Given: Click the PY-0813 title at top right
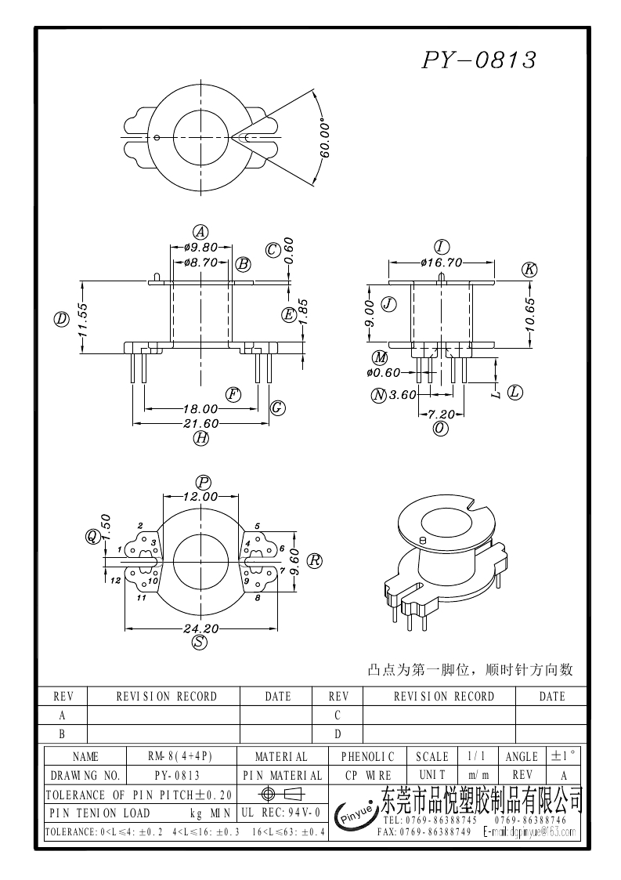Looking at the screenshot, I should pyautogui.click(x=479, y=60).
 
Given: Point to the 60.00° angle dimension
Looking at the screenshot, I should pyautogui.click(x=324, y=139).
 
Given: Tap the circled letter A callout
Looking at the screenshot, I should pyautogui.click(x=201, y=232).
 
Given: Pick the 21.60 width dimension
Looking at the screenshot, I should pyautogui.click(x=200, y=423).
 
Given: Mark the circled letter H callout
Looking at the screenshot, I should pyautogui.click(x=201, y=439).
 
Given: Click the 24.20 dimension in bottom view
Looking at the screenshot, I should pyautogui.click(x=200, y=628).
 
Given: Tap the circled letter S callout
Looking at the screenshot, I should pyautogui.click(x=200, y=643).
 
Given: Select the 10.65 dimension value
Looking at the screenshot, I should pyautogui.click(x=529, y=314).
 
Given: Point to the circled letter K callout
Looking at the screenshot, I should pyautogui.click(x=529, y=270).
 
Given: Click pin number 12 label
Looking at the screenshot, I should pyautogui.click(x=115, y=581).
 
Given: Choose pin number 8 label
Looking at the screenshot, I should pyautogui.click(x=258, y=598).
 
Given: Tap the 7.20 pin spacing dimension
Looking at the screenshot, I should pyautogui.click(x=442, y=414).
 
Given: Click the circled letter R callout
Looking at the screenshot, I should pyautogui.click(x=314, y=561).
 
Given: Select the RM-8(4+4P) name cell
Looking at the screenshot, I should pyautogui.click(x=180, y=757).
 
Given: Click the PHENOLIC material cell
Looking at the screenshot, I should pyautogui.click(x=368, y=757).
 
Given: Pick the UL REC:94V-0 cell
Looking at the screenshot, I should pyautogui.click(x=281, y=813).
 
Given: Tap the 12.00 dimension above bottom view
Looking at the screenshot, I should pyautogui.click(x=200, y=496).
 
